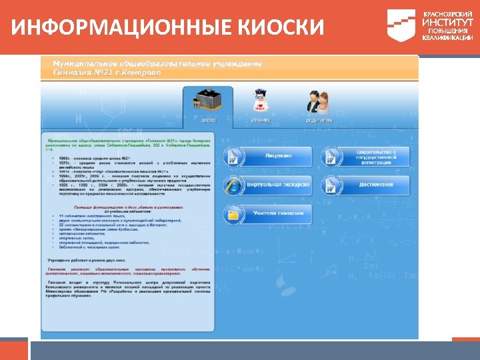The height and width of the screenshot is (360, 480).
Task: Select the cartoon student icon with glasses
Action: [260, 101]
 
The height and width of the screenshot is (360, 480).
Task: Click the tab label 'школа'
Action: [209, 120]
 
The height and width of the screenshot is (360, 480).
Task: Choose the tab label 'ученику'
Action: [260, 120]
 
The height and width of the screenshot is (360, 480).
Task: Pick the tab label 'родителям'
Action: [319, 120]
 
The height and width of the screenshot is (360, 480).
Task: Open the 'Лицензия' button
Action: [278, 156]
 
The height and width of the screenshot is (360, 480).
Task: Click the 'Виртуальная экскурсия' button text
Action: [278, 184]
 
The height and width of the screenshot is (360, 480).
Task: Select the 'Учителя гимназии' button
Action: [278, 213]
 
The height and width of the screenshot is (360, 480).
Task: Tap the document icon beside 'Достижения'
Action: [331, 185]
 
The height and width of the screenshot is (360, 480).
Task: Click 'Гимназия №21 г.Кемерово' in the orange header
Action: [107, 72]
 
